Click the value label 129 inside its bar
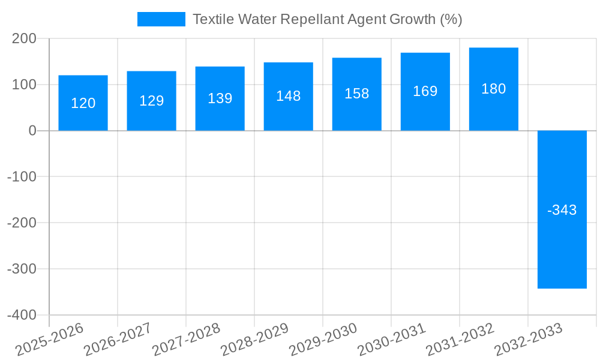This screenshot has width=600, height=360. click(x=152, y=101)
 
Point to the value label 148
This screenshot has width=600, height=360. click(x=289, y=96)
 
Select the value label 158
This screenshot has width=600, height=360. click(x=357, y=94)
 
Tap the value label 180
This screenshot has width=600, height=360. click(x=494, y=89)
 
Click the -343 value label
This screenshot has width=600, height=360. click(x=562, y=210)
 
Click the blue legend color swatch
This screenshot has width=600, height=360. click(x=161, y=19)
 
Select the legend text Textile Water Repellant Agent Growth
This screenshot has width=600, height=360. click(x=327, y=19)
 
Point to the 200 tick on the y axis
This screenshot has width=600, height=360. click(x=25, y=39)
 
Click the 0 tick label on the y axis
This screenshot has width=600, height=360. click(x=32, y=131)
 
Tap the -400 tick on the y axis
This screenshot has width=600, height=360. click(x=22, y=315)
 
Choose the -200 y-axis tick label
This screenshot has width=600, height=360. click(x=22, y=223)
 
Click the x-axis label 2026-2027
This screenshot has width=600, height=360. click(x=118, y=339)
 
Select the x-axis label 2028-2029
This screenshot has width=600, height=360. click(x=255, y=339)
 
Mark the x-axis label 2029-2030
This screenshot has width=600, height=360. click(x=323, y=339)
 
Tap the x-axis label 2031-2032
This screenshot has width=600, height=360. click(x=460, y=339)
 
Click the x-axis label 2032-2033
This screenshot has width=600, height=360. click(x=529, y=339)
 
